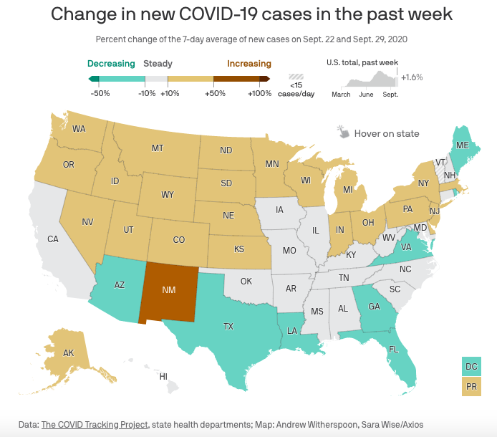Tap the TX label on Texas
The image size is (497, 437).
click(x=228, y=326)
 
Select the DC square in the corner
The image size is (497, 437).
click(x=471, y=365)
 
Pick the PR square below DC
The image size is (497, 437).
click(x=471, y=386)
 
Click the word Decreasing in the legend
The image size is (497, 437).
click(x=111, y=64)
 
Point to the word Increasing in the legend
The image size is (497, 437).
click(x=249, y=64)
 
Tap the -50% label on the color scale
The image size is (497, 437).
click(x=100, y=93)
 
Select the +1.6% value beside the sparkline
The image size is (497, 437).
click(x=412, y=77)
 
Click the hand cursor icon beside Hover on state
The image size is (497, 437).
click(x=343, y=133)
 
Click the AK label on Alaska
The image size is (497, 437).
click(x=69, y=352)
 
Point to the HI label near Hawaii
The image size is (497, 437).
click(x=163, y=376)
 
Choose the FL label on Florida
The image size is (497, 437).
click(x=393, y=350)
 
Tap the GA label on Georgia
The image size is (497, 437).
click(x=374, y=306)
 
